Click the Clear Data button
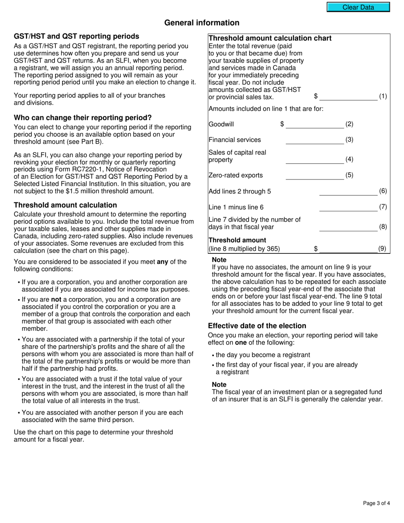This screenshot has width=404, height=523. [x=358, y=7]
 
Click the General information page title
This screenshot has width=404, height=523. [x=202, y=23]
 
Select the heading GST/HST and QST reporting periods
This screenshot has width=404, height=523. [x=77, y=37]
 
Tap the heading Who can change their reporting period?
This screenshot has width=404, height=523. [x=83, y=118]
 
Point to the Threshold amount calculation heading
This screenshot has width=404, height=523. [x=65, y=205]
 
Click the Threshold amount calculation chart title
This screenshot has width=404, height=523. [x=270, y=38]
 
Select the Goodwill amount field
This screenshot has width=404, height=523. [x=315, y=124]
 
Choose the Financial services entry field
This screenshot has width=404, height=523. [x=315, y=140]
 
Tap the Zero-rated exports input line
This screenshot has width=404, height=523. [x=315, y=175]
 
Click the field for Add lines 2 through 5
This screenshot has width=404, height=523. [x=348, y=191]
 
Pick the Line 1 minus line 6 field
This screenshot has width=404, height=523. [x=348, y=207]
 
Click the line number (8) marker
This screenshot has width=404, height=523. [x=383, y=227]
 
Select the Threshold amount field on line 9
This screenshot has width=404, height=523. [x=348, y=249]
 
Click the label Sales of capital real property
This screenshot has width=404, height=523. [x=237, y=156]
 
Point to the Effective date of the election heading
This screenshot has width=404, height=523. [x=257, y=326]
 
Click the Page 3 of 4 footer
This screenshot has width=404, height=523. [x=376, y=503]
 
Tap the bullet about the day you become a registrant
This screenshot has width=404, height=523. [x=263, y=355]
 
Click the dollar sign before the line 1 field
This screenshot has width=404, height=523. [x=316, y=97]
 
